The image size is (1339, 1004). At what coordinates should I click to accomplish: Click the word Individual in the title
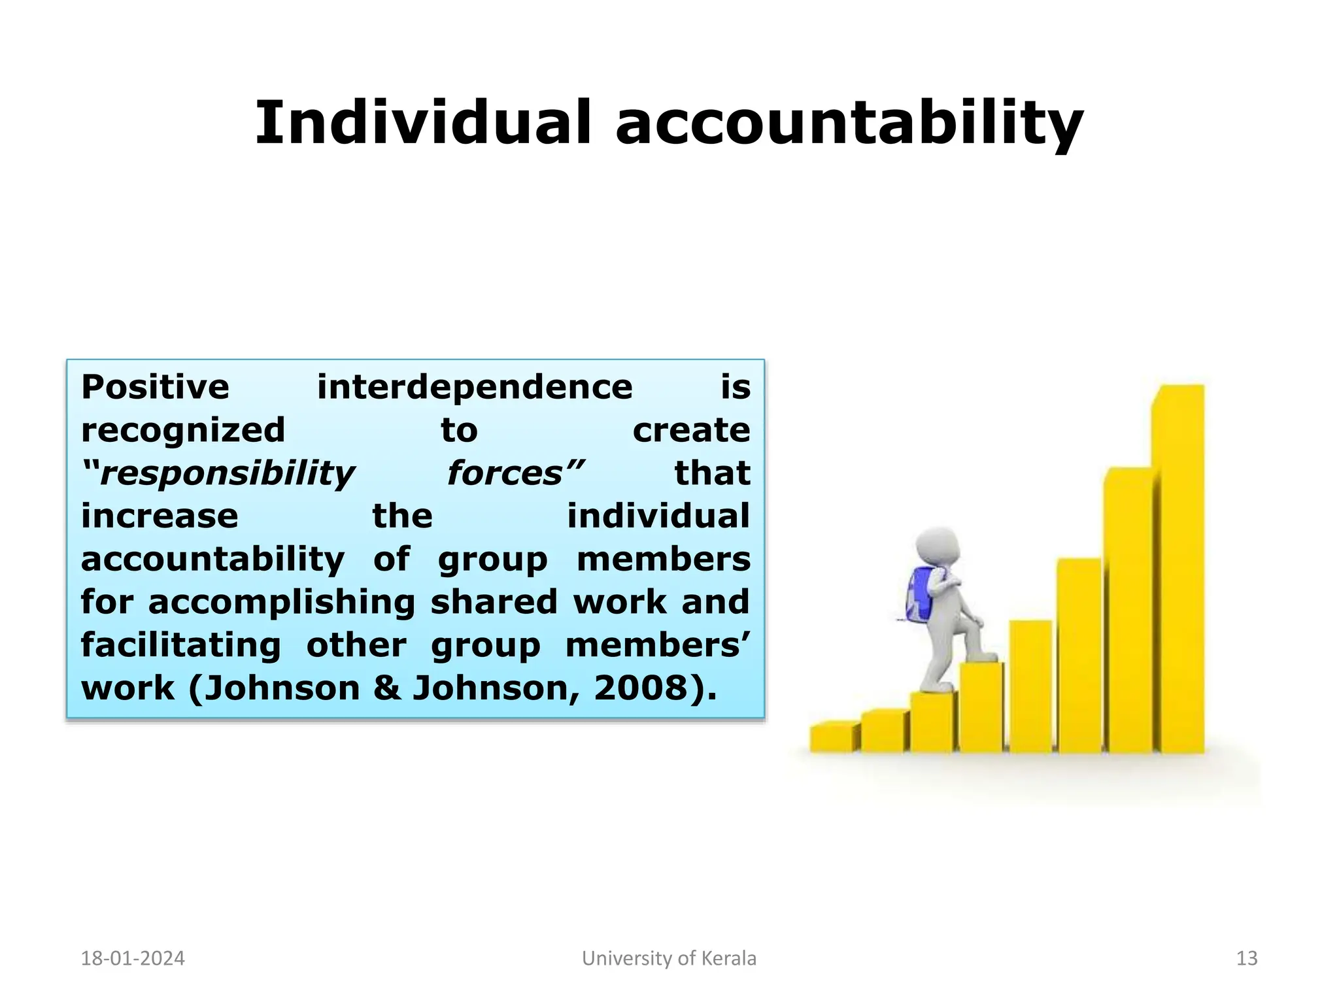coord(422,123)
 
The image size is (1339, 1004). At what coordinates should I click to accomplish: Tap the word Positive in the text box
coord(155,387)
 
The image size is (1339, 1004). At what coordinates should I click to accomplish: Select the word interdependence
coord(475,387)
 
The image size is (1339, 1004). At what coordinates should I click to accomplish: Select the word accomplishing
coord(281,603)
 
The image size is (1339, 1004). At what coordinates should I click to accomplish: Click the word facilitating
coord(180,645)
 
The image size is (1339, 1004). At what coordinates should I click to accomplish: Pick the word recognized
coord(183,430)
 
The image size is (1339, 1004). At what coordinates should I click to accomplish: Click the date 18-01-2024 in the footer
coord(133,958)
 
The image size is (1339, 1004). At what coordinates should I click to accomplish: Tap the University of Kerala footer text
coord(669,958)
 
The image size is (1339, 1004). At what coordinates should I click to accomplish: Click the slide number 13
coord(1247,958)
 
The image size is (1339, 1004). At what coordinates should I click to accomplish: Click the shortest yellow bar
coord(832,737)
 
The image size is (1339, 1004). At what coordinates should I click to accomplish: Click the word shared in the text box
coord(494,603)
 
